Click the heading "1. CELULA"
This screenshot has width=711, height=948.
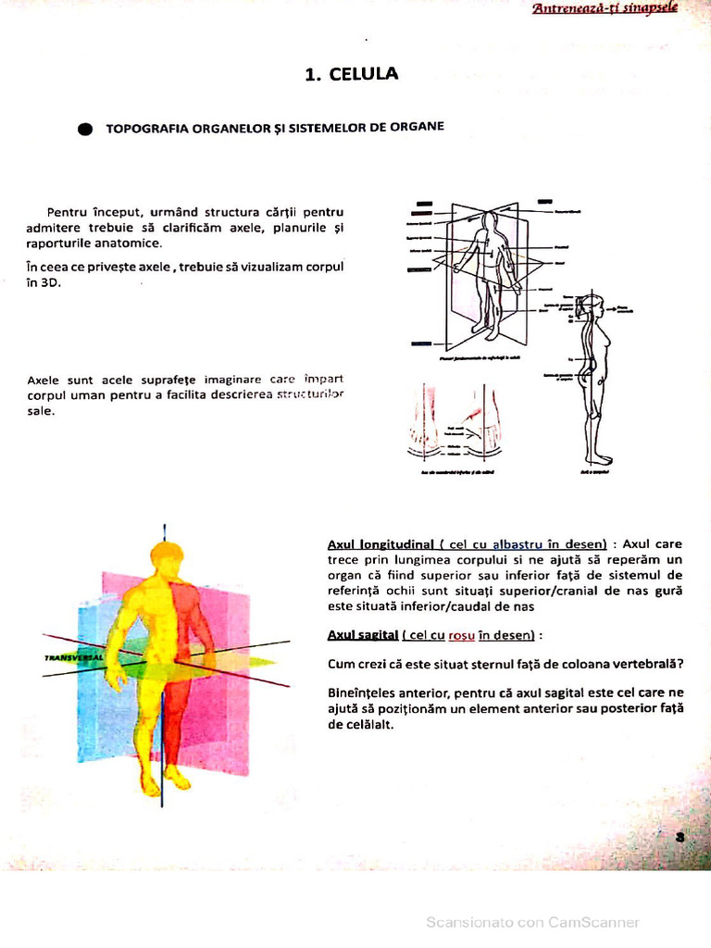[x=352, y=74]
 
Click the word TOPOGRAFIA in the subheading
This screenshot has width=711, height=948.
[x=143, y=128]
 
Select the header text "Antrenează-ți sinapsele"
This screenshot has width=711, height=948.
[x=617, y=8]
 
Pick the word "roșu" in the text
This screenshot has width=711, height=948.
[x=461, y=635]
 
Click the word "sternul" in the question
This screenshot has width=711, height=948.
[x=490, y=663]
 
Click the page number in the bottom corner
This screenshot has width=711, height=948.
[x=680, y=836]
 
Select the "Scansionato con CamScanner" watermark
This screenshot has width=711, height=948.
[x=532, y=922]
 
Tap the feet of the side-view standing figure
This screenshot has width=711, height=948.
[x=599, y=458]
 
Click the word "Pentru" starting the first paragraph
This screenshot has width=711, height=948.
[x=67, y=212]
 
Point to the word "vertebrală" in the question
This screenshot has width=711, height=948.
[x=651, y=663]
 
